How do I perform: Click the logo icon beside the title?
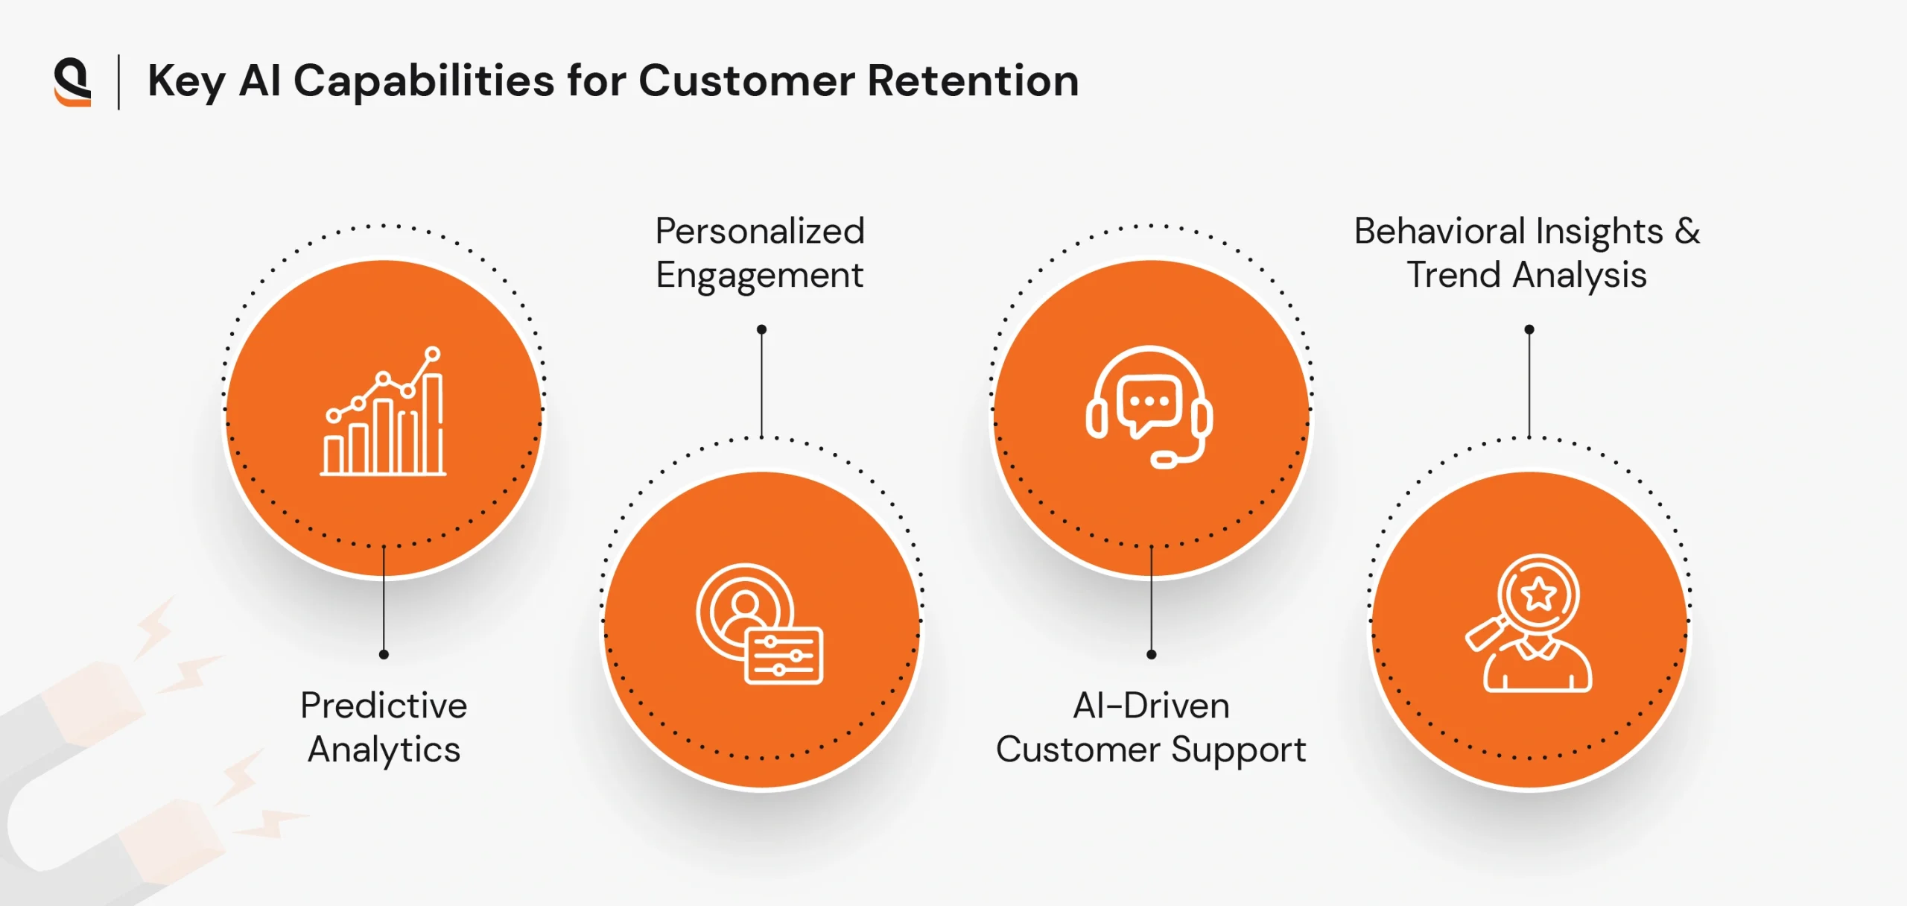point(72,82)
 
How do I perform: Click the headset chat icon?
point(1149,407)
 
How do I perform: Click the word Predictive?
point(384,705)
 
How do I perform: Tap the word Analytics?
point(384,750)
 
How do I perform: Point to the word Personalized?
point(760,231)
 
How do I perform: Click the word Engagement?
point(760,275)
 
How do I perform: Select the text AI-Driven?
point(1151,705)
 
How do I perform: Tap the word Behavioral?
point(1433,231)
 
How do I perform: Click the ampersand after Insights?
point(1687,231)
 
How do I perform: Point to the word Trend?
point(1453,275)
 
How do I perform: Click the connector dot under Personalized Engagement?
point(761,329)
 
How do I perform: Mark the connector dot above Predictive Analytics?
point(384,654)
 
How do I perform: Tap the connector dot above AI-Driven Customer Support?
point(1151,654)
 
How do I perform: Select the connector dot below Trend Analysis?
point(1529,329)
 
